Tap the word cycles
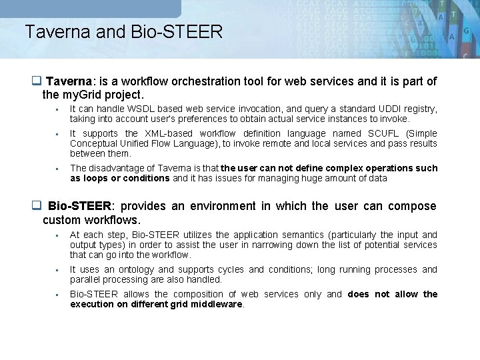229,269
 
